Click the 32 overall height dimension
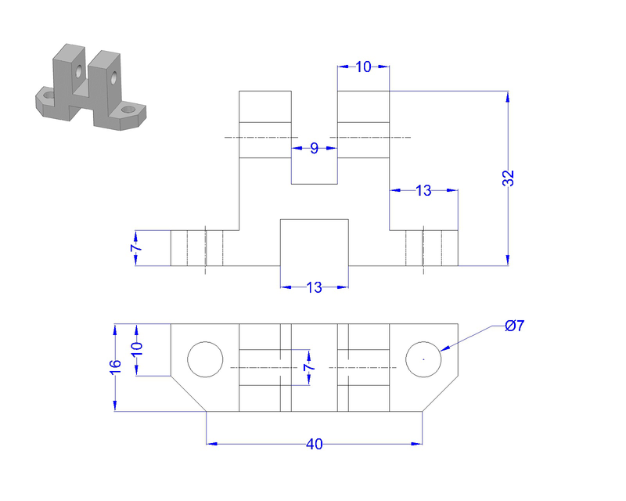509,178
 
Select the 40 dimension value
314,444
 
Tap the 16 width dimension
115,366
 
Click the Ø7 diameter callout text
515,326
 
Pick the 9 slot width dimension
314,148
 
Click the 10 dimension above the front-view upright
363,67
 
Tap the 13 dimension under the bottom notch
314,287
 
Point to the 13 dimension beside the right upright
423,190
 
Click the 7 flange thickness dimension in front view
135,248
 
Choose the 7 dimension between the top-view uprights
308,367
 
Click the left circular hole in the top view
205,359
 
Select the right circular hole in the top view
423,359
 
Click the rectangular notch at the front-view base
314,242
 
